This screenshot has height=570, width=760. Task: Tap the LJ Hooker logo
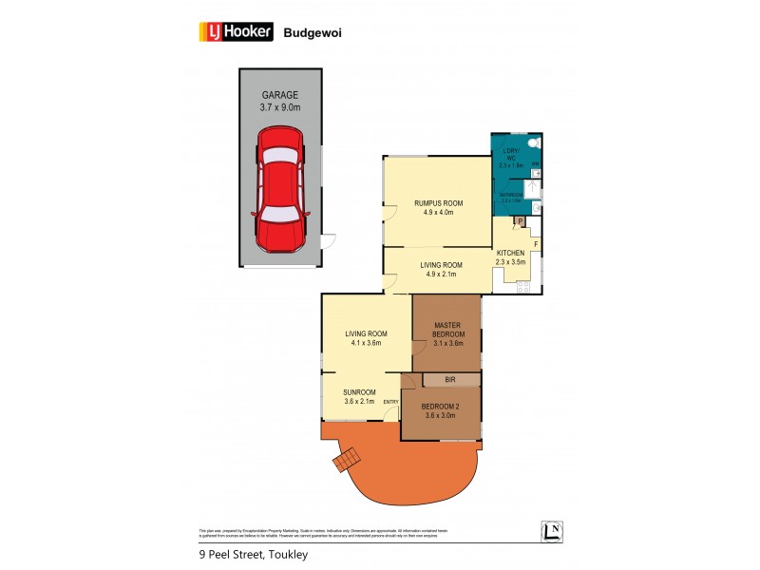click(236, 31)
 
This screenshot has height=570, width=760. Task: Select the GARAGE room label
click(279, 95)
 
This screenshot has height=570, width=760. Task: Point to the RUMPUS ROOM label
click(438, 203)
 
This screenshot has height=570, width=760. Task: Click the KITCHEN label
click(516, 253)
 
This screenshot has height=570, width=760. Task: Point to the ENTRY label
click(390, 401)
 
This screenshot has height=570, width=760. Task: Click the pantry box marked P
click(519, 222)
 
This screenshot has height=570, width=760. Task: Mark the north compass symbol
click(550, 531)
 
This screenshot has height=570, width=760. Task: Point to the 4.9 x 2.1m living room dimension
click(438, 275)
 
